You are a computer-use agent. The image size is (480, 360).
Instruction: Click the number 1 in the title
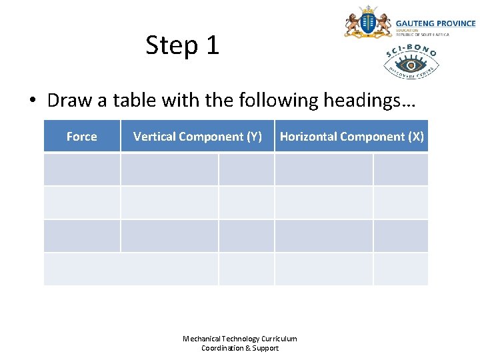click(212, 45)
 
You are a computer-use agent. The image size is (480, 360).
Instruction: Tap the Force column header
click(81, 137)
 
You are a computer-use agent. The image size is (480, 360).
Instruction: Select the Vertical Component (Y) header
click(197, 137)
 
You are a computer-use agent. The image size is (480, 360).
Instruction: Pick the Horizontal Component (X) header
click(351, 137)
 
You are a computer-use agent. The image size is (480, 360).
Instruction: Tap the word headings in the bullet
click(369, 101)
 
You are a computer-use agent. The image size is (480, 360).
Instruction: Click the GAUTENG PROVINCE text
click(435, 23)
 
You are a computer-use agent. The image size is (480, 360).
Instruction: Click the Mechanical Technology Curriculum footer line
click(240, 339)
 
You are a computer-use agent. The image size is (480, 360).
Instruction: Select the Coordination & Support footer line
click(240, 348)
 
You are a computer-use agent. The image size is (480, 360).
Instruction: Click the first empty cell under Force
click(81, 169)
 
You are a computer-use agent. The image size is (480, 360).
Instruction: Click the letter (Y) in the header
click(254, 137)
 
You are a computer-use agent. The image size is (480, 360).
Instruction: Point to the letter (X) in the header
click(415, 137)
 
